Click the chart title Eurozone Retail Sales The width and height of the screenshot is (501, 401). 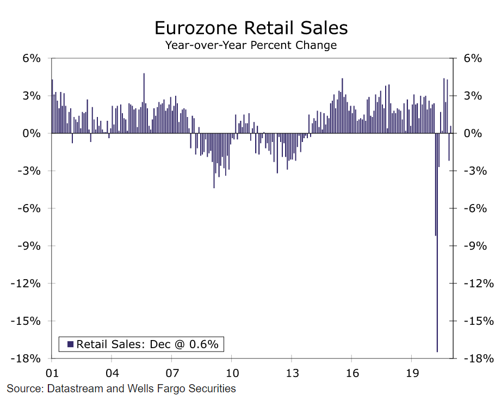[x=251, y=27]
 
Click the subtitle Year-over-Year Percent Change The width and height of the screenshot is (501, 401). [x=251, y=45]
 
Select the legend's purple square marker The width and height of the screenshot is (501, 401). [x=70, y=344]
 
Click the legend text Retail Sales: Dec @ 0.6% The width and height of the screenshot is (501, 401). [x=147, y=344]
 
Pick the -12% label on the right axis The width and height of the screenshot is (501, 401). [x=478, y=283]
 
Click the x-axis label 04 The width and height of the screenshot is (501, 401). [x=112, y=374]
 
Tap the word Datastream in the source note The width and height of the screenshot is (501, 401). [x=72, y=388]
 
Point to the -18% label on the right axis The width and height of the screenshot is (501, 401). [x=478, y=359]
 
